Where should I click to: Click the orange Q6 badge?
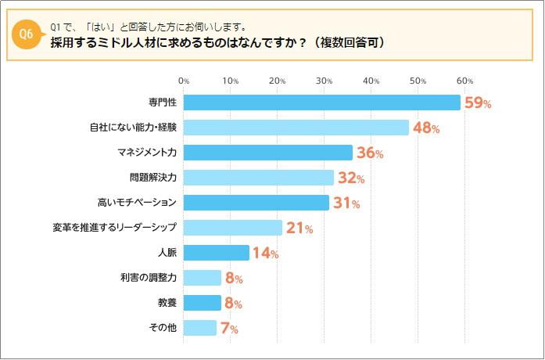[24, 34]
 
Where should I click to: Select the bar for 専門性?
[321, 103]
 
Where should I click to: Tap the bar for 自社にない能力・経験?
[296, 128]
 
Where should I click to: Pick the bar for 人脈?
[216, 253]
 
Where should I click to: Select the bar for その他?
[199, 328]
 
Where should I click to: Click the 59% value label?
[477, 103]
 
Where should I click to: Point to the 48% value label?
[425, 128]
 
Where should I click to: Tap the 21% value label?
[299, 229]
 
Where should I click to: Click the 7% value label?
[229, 329]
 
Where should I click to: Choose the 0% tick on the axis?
[184, 81]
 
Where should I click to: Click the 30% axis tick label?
[324, 81]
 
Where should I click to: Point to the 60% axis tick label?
[465, 81]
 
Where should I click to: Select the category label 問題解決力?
[153, 178]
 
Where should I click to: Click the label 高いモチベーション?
[137, 203]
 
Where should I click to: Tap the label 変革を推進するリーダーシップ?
[114, 228]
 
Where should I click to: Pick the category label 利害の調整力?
[149, 278]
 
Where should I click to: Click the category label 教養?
[167, 303]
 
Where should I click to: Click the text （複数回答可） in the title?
[348, 42]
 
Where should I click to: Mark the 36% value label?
[369, 153]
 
